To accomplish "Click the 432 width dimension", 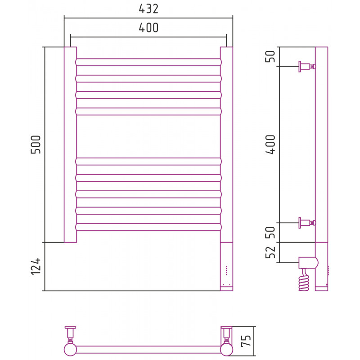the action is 148,9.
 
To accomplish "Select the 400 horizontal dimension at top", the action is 148,28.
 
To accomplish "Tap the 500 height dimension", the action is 36,144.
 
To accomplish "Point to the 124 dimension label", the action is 36,266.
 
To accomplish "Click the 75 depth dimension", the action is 246,341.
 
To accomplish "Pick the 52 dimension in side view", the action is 270,252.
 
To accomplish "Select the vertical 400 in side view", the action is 270,144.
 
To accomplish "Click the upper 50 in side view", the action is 270,56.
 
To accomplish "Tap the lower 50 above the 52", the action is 270,232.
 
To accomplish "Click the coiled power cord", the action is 304,280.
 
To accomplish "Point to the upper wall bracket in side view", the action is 307,67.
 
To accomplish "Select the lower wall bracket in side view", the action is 307,223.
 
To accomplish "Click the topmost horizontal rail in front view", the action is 148,62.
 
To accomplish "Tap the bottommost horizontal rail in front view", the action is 148,227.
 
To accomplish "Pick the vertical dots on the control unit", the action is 227,270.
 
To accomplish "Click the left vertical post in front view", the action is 70,144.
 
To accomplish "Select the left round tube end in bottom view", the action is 70,350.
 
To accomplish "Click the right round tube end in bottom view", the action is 227,350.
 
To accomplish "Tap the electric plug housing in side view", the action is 308,263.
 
